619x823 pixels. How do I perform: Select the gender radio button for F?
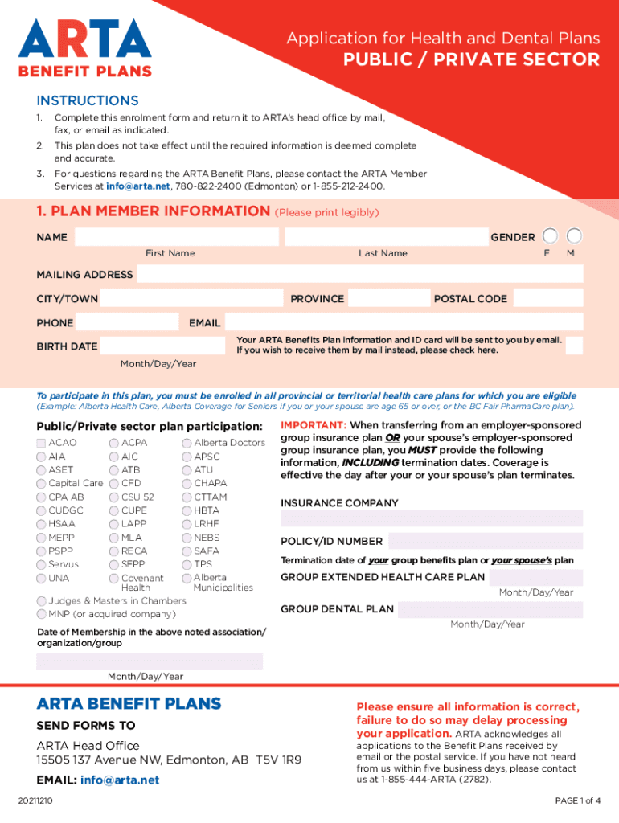point(550,236)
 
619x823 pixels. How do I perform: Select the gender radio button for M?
point(575,236)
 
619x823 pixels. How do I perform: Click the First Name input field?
point(177,237)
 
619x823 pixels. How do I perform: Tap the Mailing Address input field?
point(359,275)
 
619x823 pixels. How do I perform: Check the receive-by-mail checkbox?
point(574,345)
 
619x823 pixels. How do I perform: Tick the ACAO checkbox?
point(42,443)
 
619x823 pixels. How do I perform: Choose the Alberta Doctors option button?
point(187,443)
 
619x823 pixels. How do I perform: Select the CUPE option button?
point(114,510)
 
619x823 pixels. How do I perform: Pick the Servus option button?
point(42,565)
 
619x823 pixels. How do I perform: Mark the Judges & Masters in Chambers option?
point(42,601)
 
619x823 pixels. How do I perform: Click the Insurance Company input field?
point(432,518)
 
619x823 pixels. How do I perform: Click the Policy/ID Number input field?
point(486,541)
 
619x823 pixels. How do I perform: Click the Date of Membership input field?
point(150,661)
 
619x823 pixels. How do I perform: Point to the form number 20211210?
point(38,800)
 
